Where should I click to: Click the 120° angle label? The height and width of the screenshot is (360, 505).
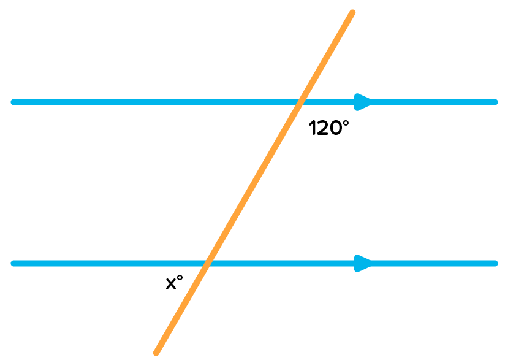328,128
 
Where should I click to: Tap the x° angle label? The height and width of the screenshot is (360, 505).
175,283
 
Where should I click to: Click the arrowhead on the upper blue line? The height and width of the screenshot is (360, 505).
363,102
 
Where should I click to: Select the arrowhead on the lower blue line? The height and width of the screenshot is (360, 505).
363,264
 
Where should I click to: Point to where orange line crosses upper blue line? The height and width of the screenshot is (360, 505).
300,102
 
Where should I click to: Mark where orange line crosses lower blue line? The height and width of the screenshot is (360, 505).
207,264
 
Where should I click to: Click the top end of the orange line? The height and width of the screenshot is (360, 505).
352,12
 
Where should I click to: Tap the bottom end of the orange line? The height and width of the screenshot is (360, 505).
156,352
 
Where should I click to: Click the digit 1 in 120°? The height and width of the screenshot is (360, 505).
312,129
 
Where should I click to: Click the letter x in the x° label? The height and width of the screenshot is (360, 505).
171,284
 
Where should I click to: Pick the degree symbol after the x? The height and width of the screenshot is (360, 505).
180,279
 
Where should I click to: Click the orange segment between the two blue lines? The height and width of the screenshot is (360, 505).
253,183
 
